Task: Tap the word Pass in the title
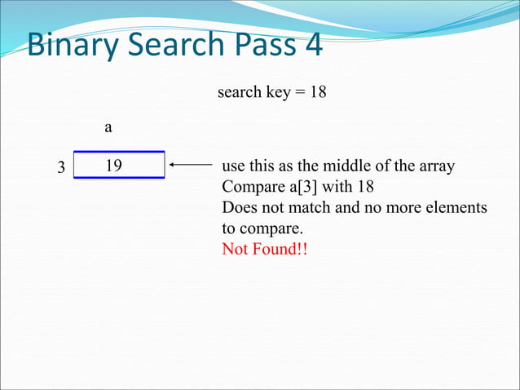pos(263,45)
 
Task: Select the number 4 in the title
pos(313,45)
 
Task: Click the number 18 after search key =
pos(318,92)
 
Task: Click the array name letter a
pos(108,128)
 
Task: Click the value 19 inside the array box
pos(113,166)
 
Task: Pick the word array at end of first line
pos(436,166)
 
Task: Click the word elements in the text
pos(459,207)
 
